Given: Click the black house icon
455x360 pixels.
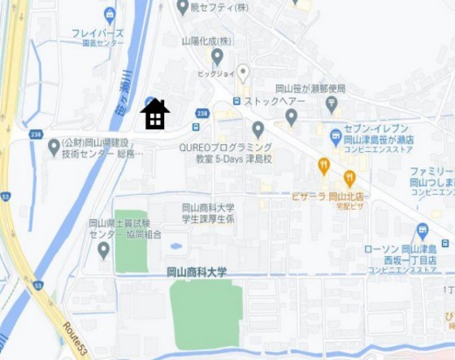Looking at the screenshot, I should [154, 115].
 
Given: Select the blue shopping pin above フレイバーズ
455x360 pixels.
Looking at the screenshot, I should [110, 14].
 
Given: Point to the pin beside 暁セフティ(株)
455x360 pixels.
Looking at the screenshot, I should [183, 7].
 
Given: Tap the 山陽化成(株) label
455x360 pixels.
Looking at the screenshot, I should [206, 40].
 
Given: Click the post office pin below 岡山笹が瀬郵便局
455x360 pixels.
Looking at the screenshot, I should [331, 104].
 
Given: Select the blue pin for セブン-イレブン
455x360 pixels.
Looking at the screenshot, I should [336, 134].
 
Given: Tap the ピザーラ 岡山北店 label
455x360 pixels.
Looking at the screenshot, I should [326, 197].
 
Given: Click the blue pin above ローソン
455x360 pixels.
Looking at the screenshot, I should [421, 231].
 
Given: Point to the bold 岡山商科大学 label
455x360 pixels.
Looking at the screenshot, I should [197, 271].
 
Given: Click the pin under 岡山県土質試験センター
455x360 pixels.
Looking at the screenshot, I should [103, 249].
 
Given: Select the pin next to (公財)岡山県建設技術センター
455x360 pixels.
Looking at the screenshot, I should [54, 146].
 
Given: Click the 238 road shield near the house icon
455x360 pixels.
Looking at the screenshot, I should [202, 114].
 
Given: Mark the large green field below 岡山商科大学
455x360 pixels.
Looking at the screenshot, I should [206, 314].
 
